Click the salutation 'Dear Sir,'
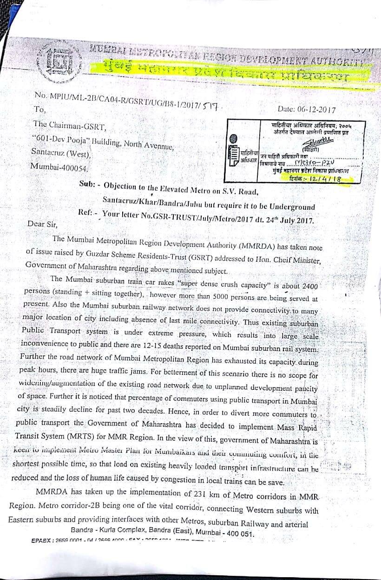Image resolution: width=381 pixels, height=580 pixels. click(43, 224)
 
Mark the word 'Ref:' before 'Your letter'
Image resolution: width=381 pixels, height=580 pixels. click(87, 213)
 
